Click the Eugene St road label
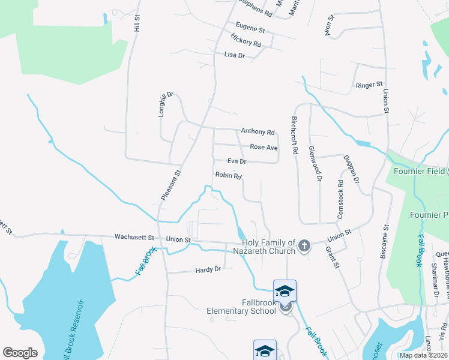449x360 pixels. tap(250, 29)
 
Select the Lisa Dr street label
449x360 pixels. tap(235, 55)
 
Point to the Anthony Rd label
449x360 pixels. tap(258, 131)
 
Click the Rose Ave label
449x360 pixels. tap(264, 147)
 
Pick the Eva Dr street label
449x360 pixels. tap(237, 161)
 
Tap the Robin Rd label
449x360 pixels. tap(228, 176)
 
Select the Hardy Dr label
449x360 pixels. tap(208, 270)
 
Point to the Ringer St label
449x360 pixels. tap(369, 85)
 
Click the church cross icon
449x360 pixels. tap(304, 245)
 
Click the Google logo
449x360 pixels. tap(20, 353)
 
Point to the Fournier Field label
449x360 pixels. tap(419, 171)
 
